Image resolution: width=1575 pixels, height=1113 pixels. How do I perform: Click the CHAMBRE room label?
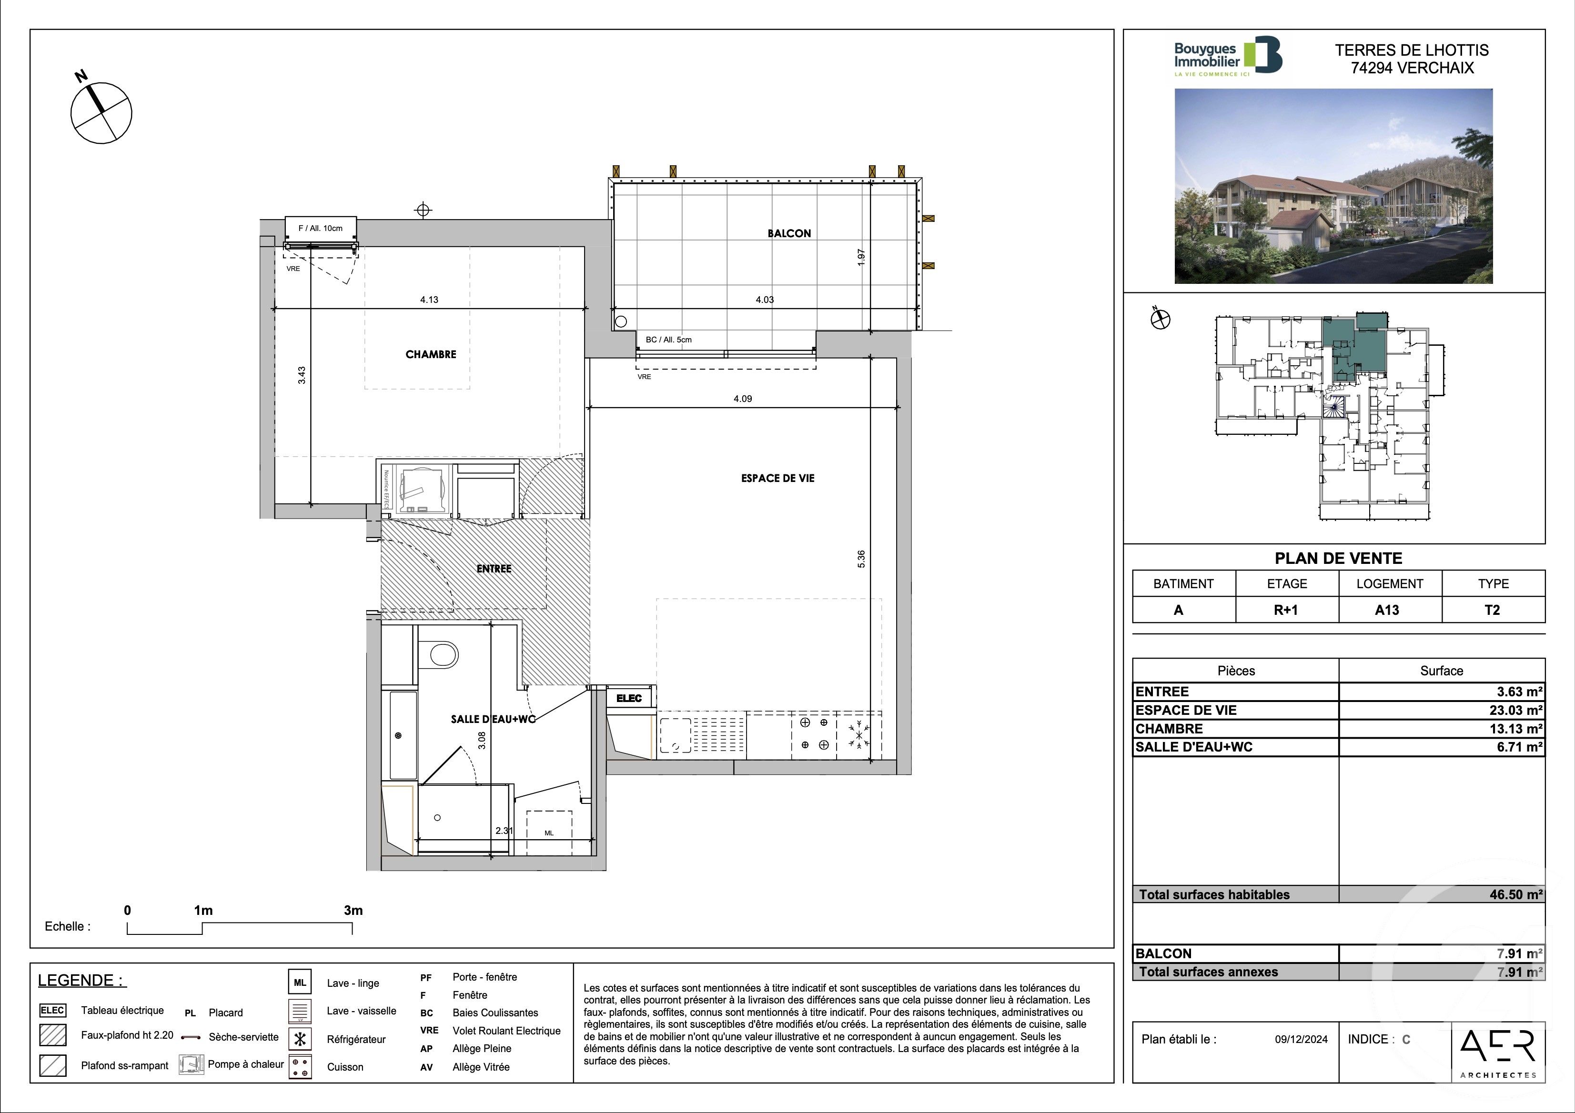pos(431,354)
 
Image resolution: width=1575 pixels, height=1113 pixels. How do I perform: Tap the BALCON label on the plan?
pos(789,233)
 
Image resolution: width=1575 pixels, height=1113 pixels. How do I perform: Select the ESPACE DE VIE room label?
pos(777,478)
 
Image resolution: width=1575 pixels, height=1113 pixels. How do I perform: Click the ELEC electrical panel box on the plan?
pos(629,698)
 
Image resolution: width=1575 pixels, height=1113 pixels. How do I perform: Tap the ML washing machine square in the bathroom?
pos(549,832)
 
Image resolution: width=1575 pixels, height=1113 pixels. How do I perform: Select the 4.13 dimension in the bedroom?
pos(429,300)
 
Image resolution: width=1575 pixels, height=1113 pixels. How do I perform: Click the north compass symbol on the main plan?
pos(101,112)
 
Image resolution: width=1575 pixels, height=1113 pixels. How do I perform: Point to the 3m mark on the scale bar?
pos(353,911)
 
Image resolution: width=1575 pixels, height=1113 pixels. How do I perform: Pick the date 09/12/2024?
pos(1301,1039)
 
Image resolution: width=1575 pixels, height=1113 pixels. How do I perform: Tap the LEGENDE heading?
pos(81,980)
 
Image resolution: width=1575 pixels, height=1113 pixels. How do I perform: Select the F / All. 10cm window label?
pos(320,228)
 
